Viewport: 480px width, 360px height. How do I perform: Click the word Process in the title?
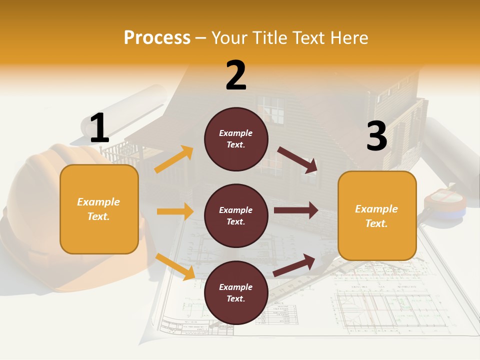tap(157, 38)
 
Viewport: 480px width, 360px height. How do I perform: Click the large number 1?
tap(99, 128)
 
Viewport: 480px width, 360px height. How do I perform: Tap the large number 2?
tap(236, 75)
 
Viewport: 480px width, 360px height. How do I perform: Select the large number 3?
tap(376, 136)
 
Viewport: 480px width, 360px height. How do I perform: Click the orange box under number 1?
tap(99, 209)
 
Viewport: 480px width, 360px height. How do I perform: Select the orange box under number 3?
tap(377, 215)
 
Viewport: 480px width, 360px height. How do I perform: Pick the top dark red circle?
tap(236, 139)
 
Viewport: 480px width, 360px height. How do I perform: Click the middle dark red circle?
tap(236, 215)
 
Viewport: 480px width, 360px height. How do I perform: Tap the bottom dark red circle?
tap(236, 292)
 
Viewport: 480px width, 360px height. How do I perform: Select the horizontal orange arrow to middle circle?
tap(175, 211)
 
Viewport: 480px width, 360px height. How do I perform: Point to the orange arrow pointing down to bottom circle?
tap(175, 266)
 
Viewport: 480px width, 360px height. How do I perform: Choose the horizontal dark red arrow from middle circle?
tap(296, 210)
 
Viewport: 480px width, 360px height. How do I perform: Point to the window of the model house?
tap(273, 110)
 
